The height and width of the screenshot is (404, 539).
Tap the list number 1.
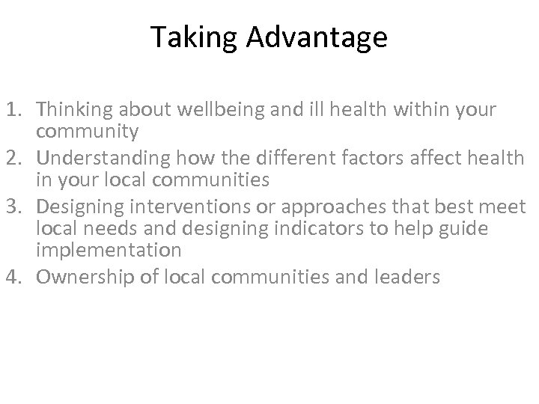16,110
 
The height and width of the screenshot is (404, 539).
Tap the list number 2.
16,158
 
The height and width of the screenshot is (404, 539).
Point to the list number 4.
16,277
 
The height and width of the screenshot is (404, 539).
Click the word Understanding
96,158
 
